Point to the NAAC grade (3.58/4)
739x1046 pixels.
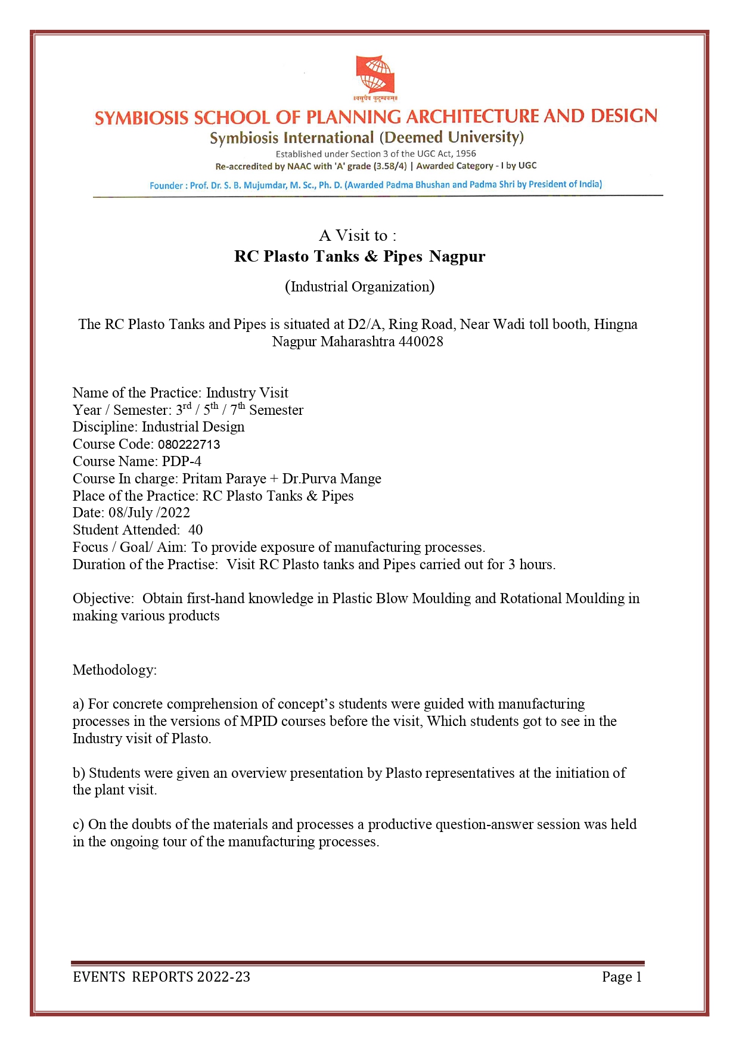tap(390, 166)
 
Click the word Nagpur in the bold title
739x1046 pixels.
tap(457, 256)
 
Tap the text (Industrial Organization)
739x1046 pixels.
tap(359, 287)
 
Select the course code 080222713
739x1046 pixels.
tap(189, 445)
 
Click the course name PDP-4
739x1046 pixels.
tap(181, 461)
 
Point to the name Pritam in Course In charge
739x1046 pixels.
tap(203, 479)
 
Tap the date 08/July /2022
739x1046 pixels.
tap(149, 513)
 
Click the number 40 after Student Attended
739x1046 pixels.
tap(195, 530)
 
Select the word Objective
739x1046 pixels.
tap(103, 598)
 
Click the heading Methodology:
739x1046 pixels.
tap(114, 670)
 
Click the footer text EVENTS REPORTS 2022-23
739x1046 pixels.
tap(162, 977)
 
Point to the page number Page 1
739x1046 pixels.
tap(622, 977)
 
